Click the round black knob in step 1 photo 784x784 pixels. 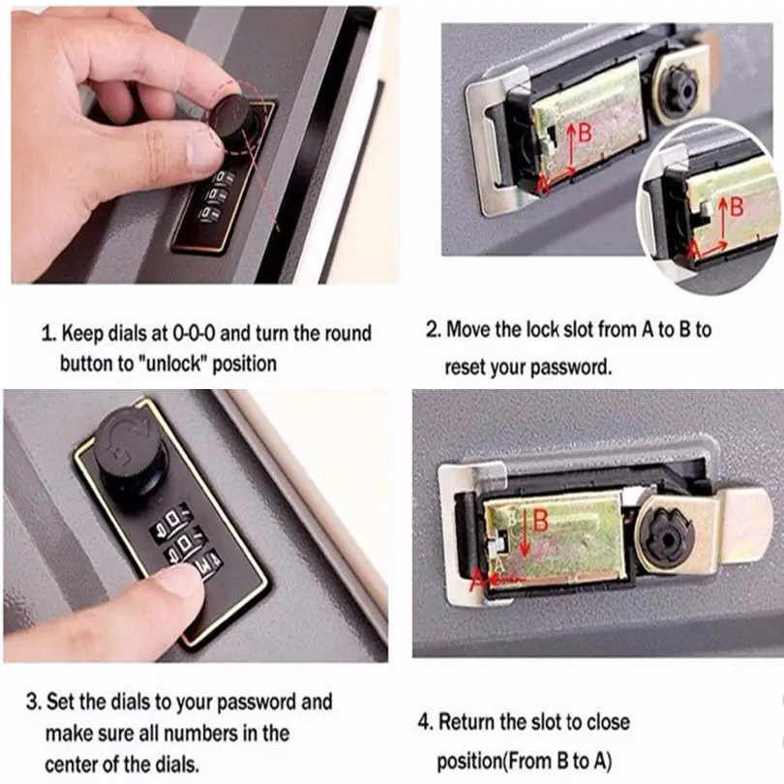point(238,122)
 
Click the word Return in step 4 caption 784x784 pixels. point(470,722)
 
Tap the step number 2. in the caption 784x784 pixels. point(434,329)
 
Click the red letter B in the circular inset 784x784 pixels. point(737,204)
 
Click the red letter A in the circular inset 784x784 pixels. point(692,250)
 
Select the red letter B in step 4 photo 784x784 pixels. point(540,520)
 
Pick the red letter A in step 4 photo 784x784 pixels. point(476,580)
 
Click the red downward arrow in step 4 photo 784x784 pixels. point(523,537)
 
